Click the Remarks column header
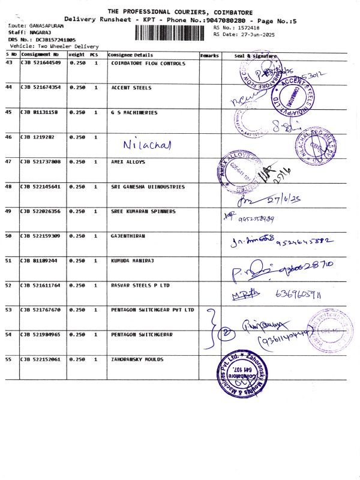click(x=209, y=55)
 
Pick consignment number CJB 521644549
click(x=41, y=63)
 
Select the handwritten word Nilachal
click(x=147, y=145)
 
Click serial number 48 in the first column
click(x=8, y=187)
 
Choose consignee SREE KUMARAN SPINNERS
click(x=143, y=211)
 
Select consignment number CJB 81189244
click(x=39, y=260)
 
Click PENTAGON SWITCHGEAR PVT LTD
click(x=153, y=310)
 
